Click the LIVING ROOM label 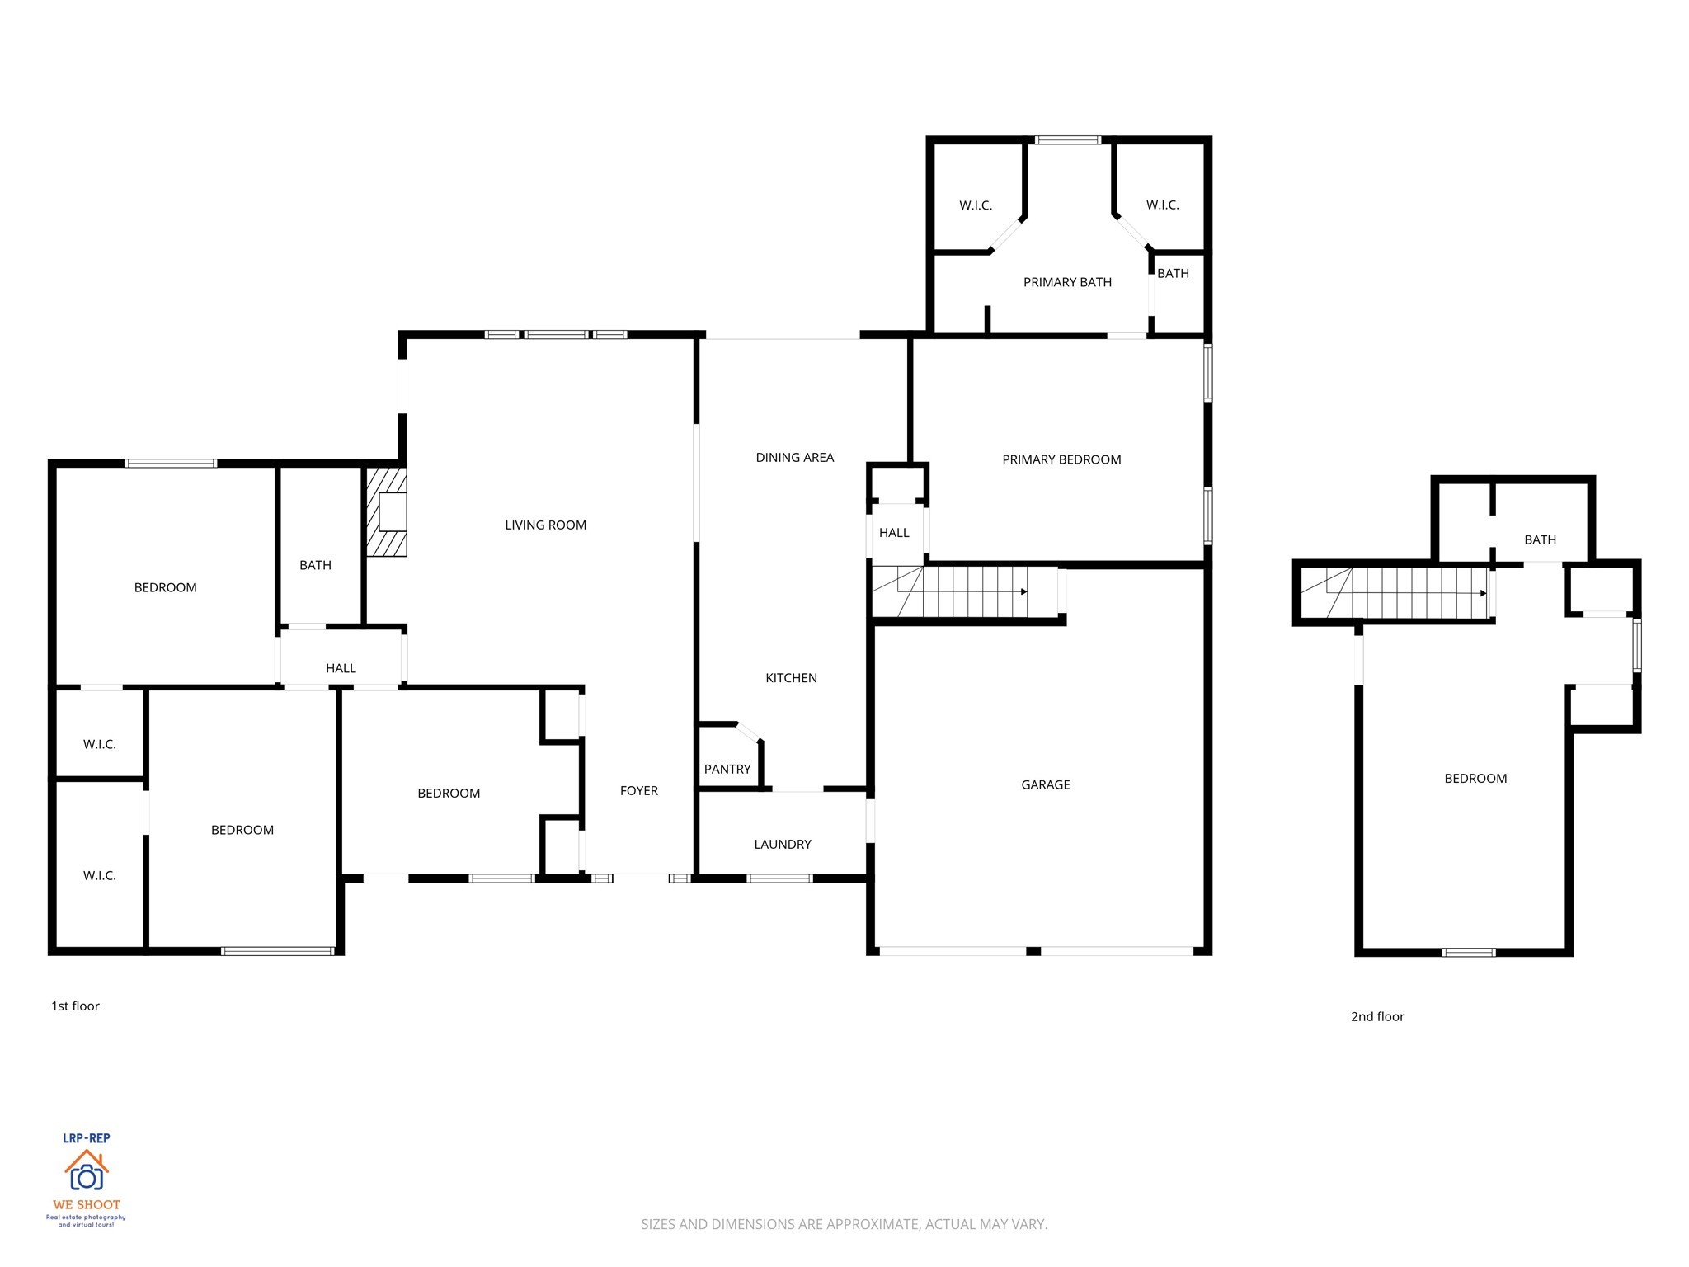click(545, 525)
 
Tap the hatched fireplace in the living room click(387, 512)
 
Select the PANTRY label click(727, 769)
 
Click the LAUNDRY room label click(782, 844)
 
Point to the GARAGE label click(1045, 784)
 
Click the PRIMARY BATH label click(1066, 282)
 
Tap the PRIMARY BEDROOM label click(1061, 459)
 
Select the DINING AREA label click(794, 457)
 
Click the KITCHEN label click(790, 677)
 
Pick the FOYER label click(638, 790)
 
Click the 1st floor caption click(75, 1006)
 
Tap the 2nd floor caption click(1376, 1016)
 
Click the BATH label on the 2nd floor click(1539, 539)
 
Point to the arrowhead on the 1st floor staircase click(1023, 591)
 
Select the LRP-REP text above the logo click(86, 1137)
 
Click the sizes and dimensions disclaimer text click(844, 1224)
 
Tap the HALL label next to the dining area click(893, 533)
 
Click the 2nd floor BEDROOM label click(1475, 778)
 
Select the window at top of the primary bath click(1067, 140)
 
